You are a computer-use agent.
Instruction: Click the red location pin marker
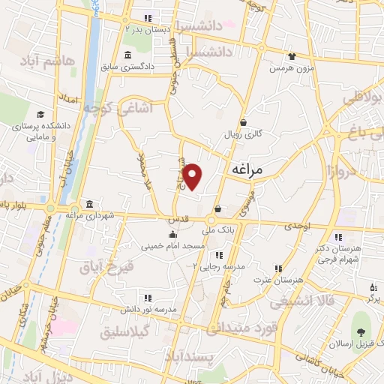193,176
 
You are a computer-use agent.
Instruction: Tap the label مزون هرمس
290,68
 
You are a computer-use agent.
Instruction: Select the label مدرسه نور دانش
149,309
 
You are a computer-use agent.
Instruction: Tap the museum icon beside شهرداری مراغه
90,205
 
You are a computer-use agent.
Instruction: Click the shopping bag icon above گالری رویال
243,123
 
